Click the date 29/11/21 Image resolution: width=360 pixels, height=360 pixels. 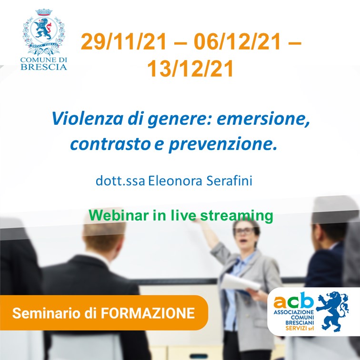[x=124, y=41]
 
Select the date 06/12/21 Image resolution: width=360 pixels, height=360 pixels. [x=237, y=41]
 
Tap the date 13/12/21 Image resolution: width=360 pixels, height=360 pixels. [x=190, y=69]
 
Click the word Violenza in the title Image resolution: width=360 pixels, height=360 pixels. [x=88, y=119]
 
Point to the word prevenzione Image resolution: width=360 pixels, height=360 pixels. [x=223, y=144]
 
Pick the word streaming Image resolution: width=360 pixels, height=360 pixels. [x=237, y=216]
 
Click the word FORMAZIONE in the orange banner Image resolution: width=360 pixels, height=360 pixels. [x=148, y=313]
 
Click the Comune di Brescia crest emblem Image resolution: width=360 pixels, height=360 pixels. [x=44, y=32]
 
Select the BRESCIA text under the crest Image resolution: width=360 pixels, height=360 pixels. [x=44, y=67]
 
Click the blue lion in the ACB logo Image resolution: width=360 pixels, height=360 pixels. [x=332, y=311]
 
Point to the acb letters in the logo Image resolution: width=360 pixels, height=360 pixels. [x=293, y=300]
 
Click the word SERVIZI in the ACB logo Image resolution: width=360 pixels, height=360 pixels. [x=296, y=328]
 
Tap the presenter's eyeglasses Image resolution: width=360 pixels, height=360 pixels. [x=244, y=231]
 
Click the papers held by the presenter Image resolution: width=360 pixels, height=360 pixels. [x=240, y=283]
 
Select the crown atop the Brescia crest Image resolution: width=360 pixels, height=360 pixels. [x=44, y=12]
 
